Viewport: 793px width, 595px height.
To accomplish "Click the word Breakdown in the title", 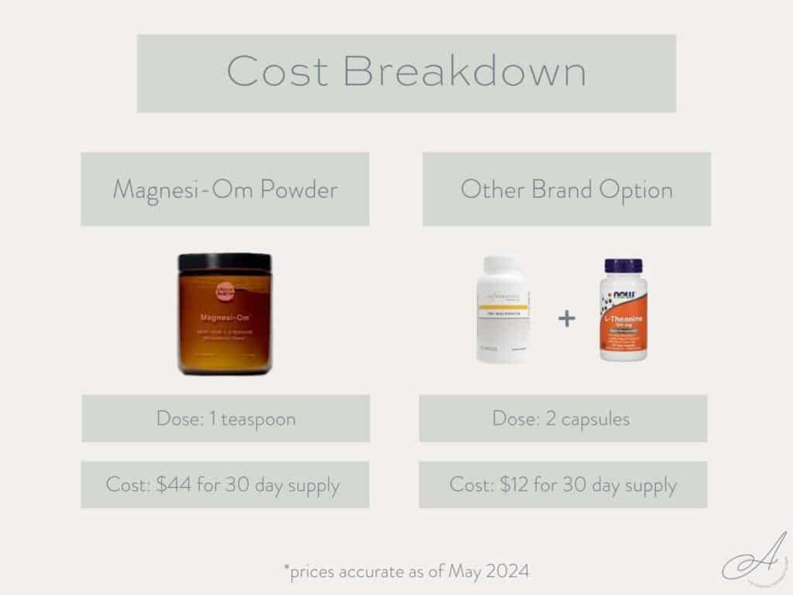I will point(464,72).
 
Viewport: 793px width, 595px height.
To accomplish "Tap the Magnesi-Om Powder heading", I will point(225,189).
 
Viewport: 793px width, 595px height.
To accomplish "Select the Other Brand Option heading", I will point(566,189).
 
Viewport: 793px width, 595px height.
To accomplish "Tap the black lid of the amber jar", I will point(225,262).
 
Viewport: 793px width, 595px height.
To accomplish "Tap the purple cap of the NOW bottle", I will point(623,266).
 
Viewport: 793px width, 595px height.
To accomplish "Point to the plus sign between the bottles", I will point(567,318).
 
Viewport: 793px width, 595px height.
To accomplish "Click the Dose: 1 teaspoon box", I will point(225,418).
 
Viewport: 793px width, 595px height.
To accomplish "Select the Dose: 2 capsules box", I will point(563,418).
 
